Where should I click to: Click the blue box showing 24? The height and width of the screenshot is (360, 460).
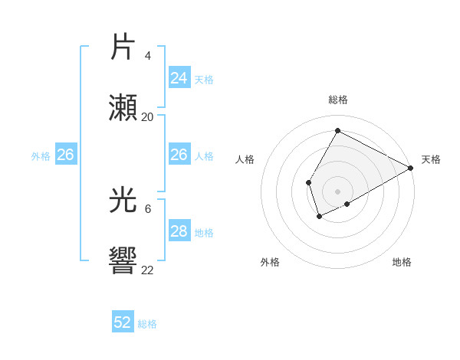pos(179,77)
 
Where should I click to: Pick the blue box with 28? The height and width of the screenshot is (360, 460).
pos(179,231)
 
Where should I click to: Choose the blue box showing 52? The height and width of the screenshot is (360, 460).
pos(123,322)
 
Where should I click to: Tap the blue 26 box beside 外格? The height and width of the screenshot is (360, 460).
pos(65,155)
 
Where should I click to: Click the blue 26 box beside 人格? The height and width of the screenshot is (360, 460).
pos(179,155)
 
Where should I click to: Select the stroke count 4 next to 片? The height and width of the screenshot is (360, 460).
pos(148,56)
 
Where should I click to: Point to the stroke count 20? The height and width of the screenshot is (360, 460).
pos(148,117)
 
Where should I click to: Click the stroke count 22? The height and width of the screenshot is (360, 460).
pos(148,269)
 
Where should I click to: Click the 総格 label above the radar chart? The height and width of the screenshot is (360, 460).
pos(338,100)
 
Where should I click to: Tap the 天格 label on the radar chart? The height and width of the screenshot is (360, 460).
pos(431,159)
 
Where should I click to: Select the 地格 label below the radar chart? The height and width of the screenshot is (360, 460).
pos(402,262)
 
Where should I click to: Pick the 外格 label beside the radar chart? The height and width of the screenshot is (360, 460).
pos(270,262)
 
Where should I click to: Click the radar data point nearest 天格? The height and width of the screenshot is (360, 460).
pos(411,168)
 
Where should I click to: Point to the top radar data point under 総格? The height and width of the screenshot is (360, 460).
pos(337,130)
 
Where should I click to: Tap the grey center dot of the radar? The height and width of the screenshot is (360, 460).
pos(337,191)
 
